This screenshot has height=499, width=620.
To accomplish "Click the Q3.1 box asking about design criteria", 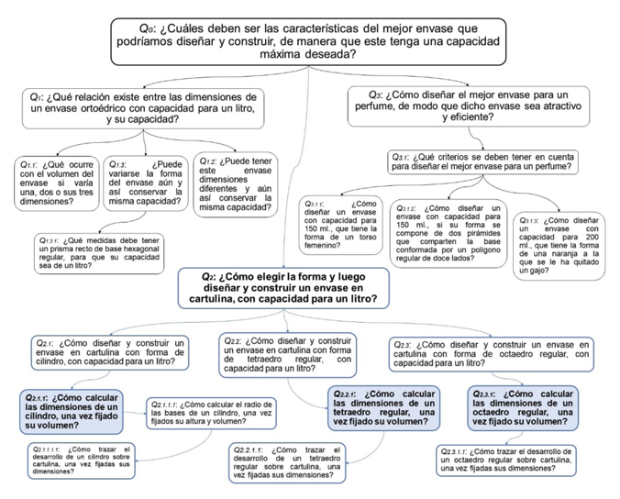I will [482, 161].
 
